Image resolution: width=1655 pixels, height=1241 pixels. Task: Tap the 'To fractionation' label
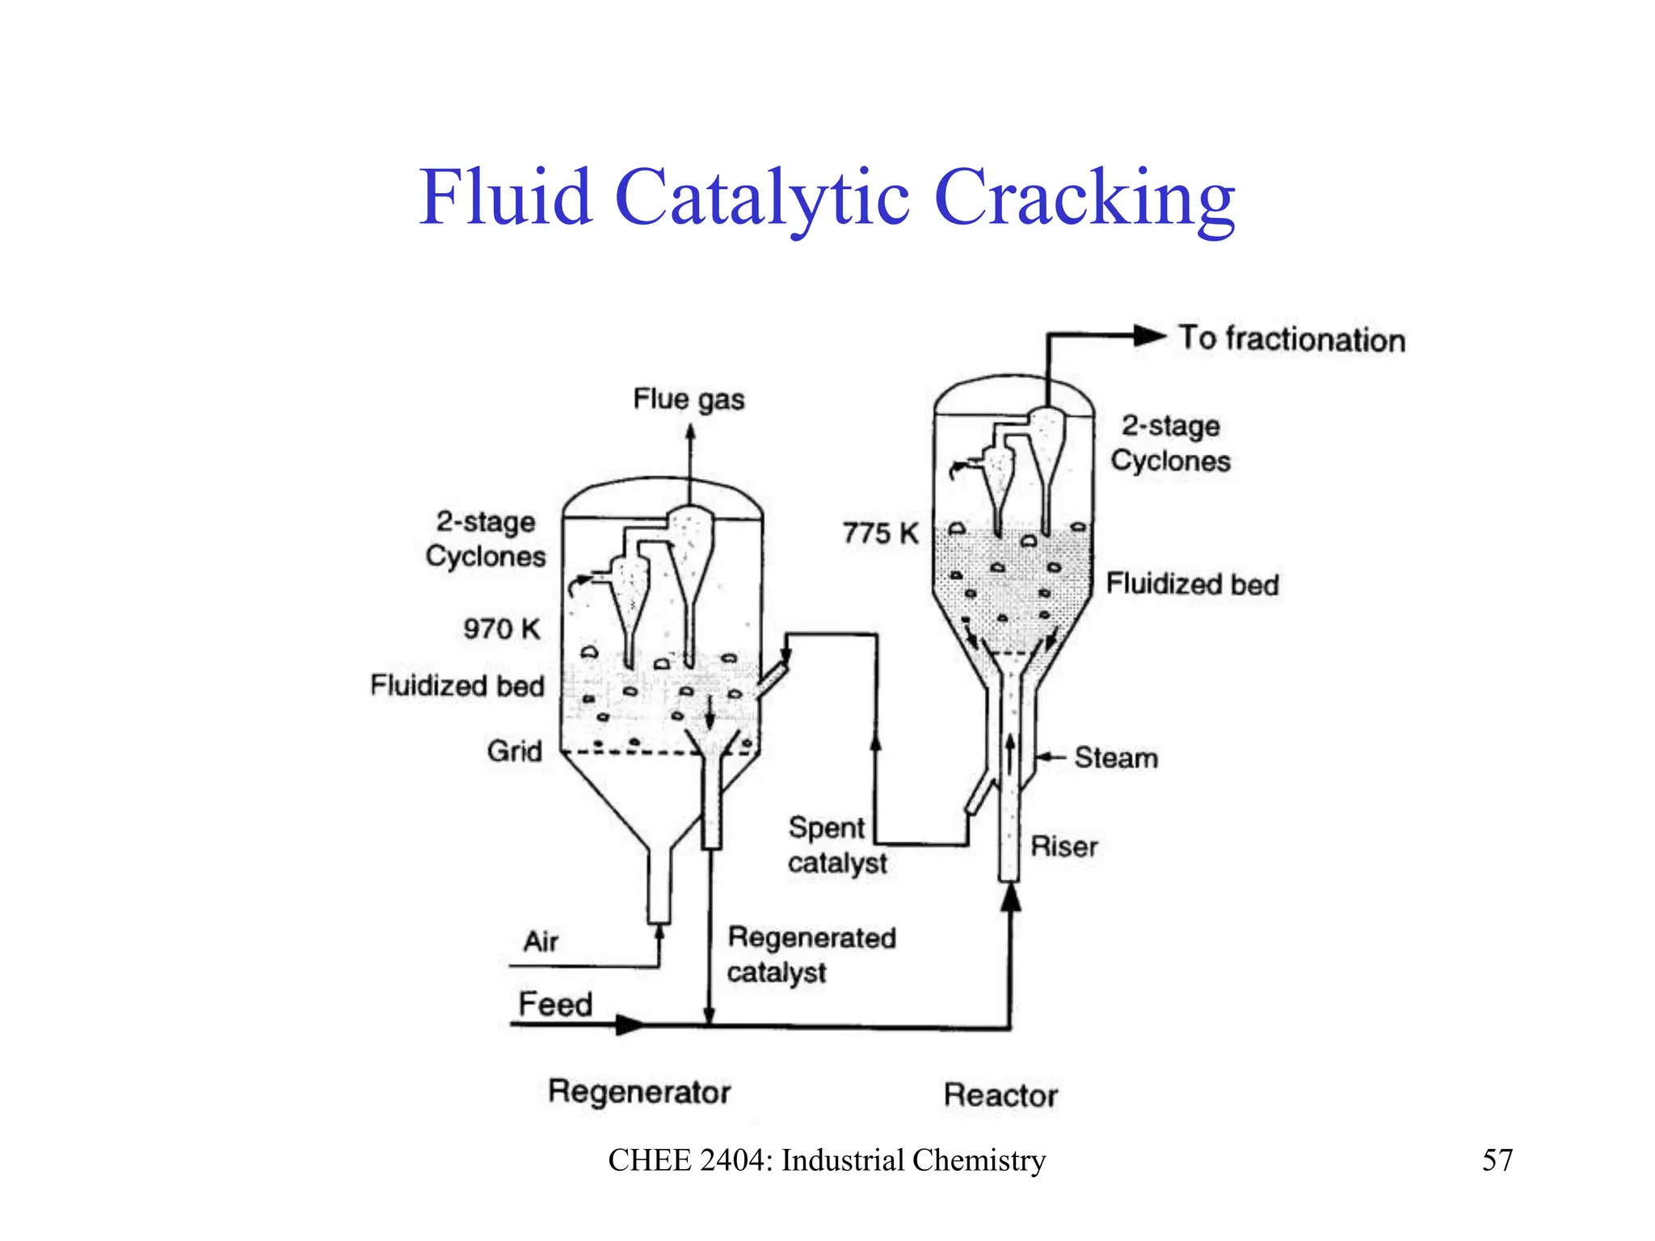[x=1291, y=339]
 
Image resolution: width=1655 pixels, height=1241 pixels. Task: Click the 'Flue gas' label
[x=689, y=399]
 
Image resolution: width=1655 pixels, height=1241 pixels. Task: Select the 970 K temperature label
[x=501, y=629]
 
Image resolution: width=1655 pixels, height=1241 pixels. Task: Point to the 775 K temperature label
[x=881, y=533]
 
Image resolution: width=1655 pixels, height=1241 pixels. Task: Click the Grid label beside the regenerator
[x=514, y=751]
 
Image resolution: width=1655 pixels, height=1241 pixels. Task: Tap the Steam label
[x=1115, y=758]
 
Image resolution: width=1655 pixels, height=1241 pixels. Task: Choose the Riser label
[x=1063, y=847]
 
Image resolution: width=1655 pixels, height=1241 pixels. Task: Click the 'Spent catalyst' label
[x=836, y=845]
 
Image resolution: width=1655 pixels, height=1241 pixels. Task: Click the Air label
[x=541, y=941]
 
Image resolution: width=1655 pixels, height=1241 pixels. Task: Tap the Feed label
[x=555, y=1004]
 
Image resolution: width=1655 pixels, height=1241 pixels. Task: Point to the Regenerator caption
[x=638, y=1092]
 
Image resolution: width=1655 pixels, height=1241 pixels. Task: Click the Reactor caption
[x=1000, y=1096]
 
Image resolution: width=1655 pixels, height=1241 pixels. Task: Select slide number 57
[x=1497, y=1160]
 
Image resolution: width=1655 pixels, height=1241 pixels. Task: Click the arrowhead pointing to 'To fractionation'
[x=1149, y=336]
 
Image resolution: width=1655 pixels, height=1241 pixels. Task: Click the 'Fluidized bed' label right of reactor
[x=1192, y=584]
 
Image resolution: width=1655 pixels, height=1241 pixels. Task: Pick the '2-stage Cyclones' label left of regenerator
[x=486, y=539]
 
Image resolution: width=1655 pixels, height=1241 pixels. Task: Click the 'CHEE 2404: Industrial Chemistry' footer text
[x=827, y=1160]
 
